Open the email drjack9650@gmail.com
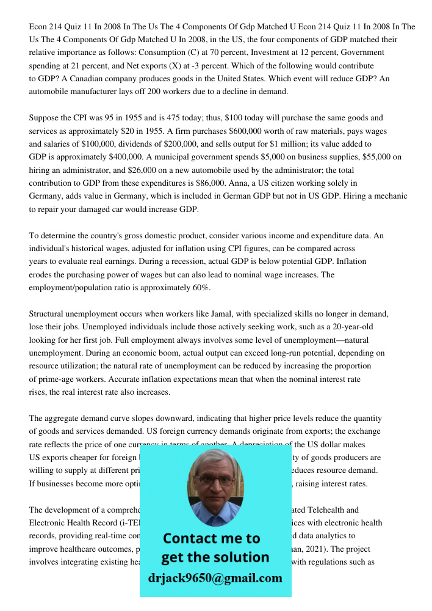(x=215, y=578)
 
